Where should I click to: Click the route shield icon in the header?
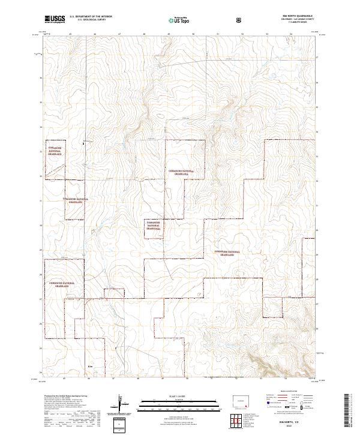pyautogui.click(x=239, y=20)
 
